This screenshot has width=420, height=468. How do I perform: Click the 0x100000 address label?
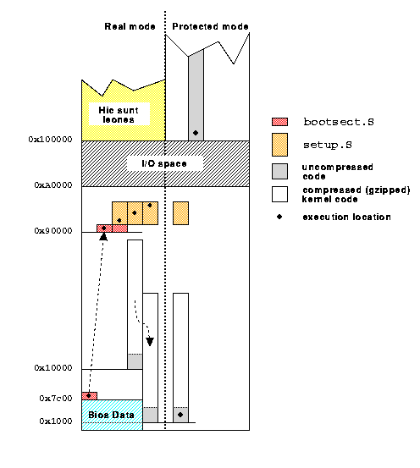[50, 140]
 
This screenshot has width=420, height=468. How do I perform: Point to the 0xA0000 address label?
[53, 185]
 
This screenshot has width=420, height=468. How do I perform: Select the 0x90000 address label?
[53, 231]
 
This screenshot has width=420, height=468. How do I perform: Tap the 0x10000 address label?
[53, 367]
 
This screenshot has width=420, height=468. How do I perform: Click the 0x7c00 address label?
[56, 398]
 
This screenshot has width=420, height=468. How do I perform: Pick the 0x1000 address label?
[56, 421]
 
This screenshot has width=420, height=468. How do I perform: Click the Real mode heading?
[130, 26]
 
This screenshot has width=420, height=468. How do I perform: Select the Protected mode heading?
[210, 26]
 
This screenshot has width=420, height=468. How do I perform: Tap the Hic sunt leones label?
[119, 115]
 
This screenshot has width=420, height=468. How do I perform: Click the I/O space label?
[164, 163]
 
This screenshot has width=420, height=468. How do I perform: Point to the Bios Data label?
[111, 415]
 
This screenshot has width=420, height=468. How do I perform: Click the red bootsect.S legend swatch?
[280, 122]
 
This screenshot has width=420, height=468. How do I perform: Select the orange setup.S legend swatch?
[280, 145]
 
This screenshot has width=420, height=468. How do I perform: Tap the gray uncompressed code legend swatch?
[280, 171]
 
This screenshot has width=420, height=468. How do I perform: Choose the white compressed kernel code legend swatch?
[280, 195]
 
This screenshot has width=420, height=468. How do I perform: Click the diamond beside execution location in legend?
[279, 217]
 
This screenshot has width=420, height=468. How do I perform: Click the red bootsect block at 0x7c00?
[89, 396]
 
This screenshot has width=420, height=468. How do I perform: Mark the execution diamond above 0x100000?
[196, 133]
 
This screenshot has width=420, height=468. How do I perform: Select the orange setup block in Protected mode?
[180, 213]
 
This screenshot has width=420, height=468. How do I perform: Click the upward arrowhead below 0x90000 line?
[103, 237]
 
